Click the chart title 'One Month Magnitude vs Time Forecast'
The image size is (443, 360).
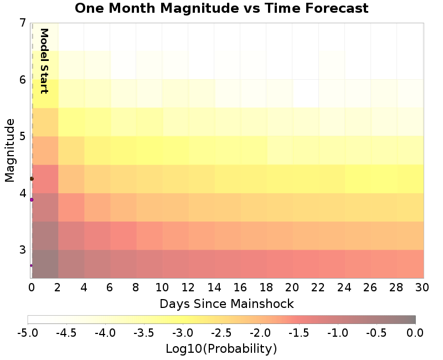pyautogui.click(x=221, y=8)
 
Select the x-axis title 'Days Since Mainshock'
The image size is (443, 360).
pyautogui.click(x=226, y=304)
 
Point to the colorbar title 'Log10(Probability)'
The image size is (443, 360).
pyautogui.click(x=221, y=349)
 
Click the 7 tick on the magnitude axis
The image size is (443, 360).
pyautogui.click(x=22, y=23)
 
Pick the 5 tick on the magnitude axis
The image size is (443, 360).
pyautogui.click(x=22, y=136)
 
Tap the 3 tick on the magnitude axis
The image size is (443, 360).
pyautogui.click(x=22, y=250)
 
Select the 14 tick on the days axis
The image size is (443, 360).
pyautogui.click(x=214, y=287)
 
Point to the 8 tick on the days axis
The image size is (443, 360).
pyautogui.click(x=136, y=287)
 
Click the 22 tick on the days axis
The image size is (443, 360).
pyautogui.click(x=318, y=287)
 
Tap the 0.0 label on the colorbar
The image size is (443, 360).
pyautogui.click(x=415, y=332)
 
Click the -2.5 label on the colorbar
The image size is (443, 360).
pyautogui.click(x=221, y=332)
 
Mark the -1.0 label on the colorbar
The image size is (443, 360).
pyautogui.click(x=337, y=332)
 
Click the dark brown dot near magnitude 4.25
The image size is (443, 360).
pyautogui.click(x=32, y=179)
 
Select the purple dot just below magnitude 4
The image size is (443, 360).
pyautogui.click(x=32, y=199)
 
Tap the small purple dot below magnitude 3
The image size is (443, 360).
pyautogui.click(x=31, y=265)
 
